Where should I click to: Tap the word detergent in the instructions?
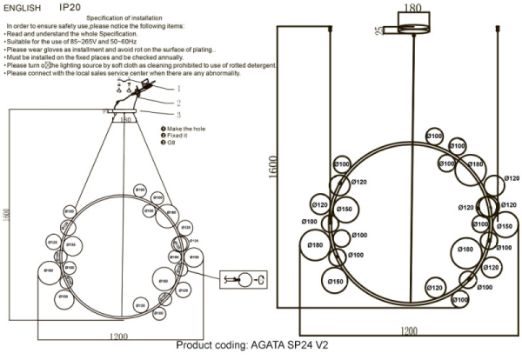pos(257,65)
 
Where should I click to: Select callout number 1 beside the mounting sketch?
pos(178,88)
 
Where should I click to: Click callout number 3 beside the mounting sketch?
pos(178,114)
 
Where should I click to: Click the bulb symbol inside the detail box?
pos(247,279)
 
